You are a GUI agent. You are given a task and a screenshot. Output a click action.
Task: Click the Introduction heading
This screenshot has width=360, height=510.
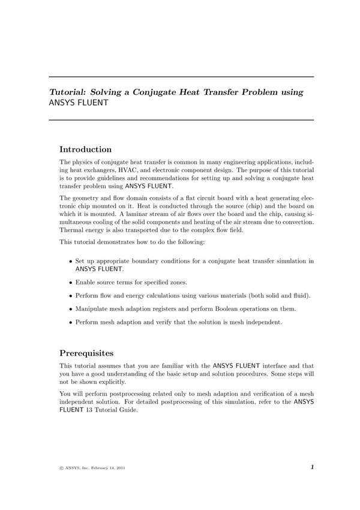85,149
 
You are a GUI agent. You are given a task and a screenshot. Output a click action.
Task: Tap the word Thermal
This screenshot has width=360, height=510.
71,230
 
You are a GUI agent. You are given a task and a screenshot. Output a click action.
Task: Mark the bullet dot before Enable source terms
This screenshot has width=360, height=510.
71,282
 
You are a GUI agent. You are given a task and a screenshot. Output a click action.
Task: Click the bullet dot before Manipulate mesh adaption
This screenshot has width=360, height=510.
71,309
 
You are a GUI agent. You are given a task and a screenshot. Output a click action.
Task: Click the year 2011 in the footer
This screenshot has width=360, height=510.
119,467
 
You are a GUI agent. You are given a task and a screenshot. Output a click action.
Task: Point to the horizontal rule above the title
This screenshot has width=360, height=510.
181,77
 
